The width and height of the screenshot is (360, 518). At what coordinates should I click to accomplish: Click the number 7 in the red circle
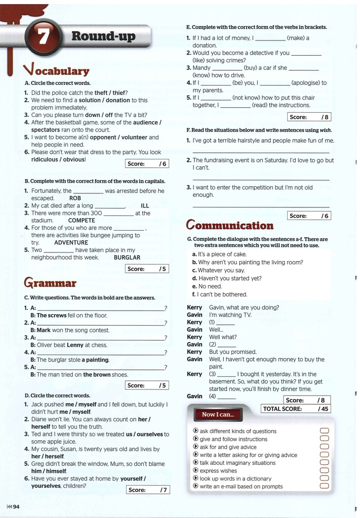43,37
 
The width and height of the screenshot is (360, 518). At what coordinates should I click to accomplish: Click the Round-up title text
103,36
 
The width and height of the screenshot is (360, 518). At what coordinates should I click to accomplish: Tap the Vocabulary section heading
56,70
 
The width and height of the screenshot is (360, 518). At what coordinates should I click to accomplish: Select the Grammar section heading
50,282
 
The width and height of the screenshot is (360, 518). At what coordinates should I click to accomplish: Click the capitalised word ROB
75,198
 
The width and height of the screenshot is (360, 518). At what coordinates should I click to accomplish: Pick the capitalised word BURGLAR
127,257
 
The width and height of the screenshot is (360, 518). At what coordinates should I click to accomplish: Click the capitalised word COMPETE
81,221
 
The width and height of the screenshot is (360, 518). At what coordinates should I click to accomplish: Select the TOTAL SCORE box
296,409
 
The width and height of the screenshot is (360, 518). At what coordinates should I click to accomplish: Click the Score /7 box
147,490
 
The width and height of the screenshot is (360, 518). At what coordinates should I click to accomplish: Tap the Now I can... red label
218,415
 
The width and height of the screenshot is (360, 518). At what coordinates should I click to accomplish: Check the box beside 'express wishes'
325,470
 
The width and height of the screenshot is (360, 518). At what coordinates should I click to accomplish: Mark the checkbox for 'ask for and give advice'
325,447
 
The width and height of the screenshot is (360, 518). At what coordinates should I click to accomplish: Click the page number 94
16,507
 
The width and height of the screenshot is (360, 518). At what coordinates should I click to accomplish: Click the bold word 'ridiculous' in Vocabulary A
48,159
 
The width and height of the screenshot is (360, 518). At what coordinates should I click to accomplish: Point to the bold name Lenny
75,345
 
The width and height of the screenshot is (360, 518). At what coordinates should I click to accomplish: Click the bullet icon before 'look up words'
195,478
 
